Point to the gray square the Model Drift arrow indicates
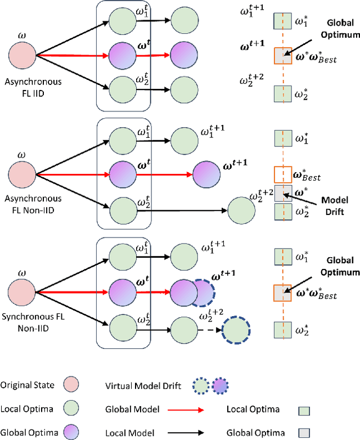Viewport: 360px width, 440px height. [281, 192]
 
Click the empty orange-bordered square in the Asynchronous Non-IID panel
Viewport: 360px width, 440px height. [281, 174]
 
